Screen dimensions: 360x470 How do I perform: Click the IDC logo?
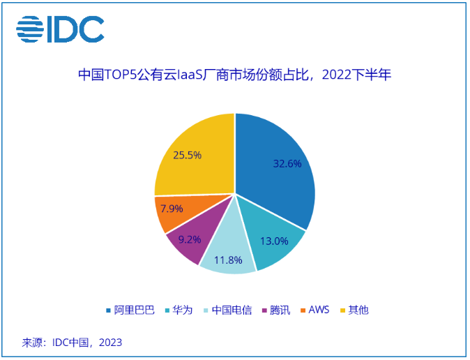pos(61,29)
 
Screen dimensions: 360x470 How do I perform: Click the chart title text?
pos(234,75)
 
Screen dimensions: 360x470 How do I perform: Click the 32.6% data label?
pos(287,164)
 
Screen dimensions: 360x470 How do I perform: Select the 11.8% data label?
pos(228,260)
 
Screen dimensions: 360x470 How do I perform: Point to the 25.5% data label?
pos(188,155)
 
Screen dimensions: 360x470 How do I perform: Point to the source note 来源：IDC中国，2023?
pos(72,343)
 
